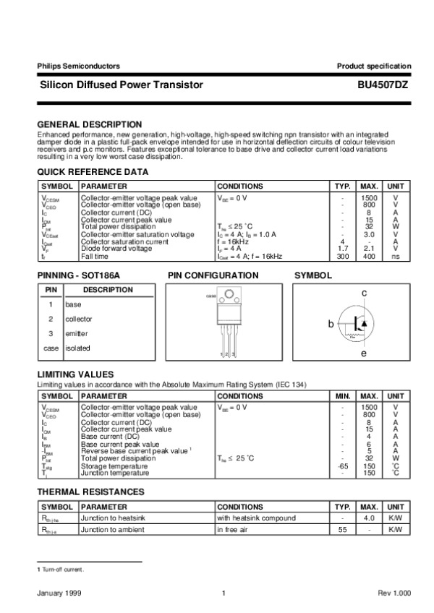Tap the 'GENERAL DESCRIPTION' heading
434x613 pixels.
89,124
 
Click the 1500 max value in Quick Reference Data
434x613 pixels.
369,197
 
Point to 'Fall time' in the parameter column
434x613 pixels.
95,256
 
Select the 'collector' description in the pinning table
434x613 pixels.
79,319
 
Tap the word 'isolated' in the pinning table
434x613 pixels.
78,348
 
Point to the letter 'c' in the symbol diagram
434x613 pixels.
364,292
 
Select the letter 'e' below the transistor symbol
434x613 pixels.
364,354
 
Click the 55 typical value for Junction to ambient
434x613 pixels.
343,530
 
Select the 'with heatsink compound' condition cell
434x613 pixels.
256,518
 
